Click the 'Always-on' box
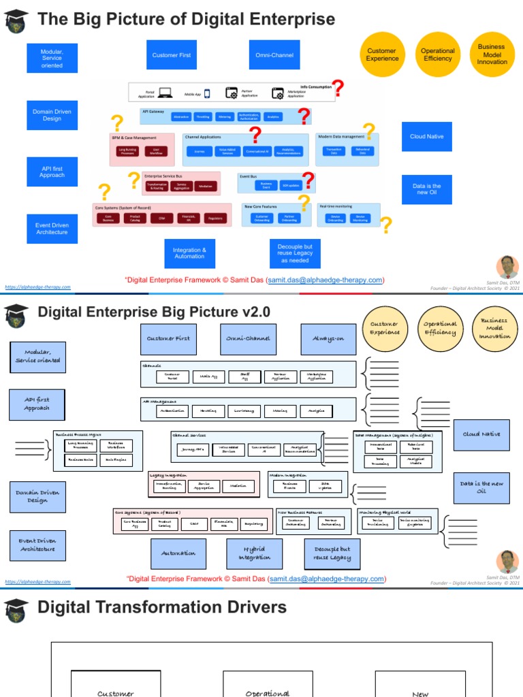tap(328, 339)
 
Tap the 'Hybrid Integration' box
tap(254, 553)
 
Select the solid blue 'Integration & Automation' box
tap(189, 253)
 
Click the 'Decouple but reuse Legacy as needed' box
tap(294, 253)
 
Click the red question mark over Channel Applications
tap(255, 135)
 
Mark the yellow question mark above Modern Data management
tap(369, 131)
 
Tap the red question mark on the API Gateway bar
tap(304, 114)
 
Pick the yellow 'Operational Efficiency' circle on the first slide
tap(437, 55)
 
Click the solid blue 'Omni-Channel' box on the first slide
tap(274, 55)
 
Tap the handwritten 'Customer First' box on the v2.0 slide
tap(168, 339)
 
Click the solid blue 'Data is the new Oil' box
tap(427, 189)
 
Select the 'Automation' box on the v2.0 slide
tap(178, 553)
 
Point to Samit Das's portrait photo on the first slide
tap(507, 267)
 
